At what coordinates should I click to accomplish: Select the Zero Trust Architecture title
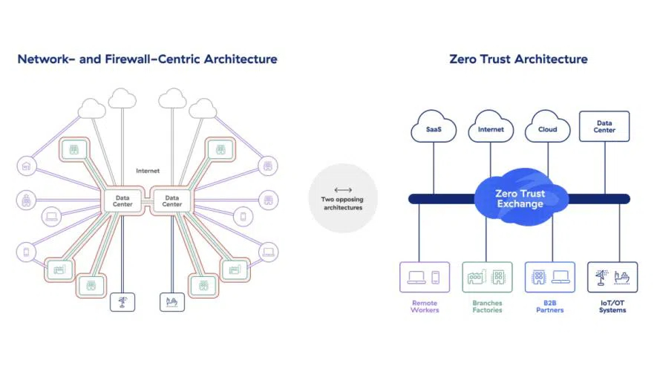(518, 59)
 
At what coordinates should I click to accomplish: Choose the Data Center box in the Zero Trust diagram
(604, 126)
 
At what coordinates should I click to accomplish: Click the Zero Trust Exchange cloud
(520, 198)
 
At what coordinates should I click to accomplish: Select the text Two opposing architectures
(342, 203)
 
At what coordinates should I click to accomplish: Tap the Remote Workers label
(425, 307)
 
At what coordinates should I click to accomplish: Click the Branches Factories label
(487, 307)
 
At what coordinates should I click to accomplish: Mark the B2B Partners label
(549, 307)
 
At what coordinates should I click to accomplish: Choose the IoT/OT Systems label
(612, 307)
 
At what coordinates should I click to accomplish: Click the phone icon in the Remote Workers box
(436, 277)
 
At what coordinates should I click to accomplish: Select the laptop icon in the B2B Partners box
(560, 277)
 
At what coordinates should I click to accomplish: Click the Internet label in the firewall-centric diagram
(148, 171)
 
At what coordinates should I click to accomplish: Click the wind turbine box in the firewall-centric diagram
(122, 302)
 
